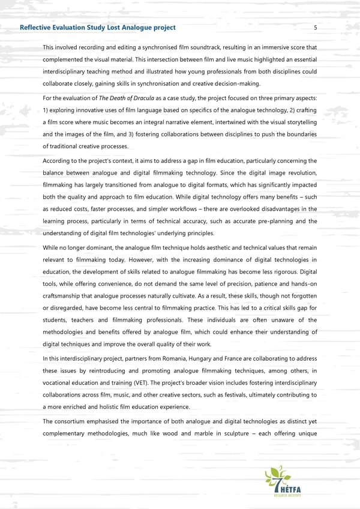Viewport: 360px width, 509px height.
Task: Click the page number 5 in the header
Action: pyautogui.click(x=315, y=28)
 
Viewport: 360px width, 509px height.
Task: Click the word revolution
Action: pyautogui.click(x=299, y=173)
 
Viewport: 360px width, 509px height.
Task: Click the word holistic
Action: pyautogui.click(x=109, y=407)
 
